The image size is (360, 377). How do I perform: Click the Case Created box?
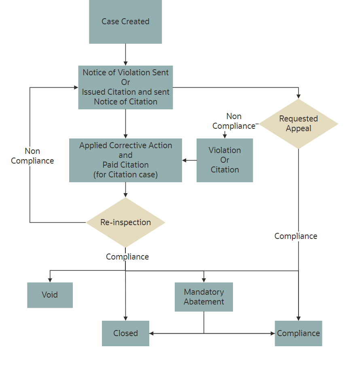click(x=125, y=21)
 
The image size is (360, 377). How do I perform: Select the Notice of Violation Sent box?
click(x=125, y=87)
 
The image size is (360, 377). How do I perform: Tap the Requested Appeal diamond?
click(x=299, y=124)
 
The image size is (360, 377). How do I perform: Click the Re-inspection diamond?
click(x=125, y=222)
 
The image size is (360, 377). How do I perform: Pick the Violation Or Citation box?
click(x=224, y=160)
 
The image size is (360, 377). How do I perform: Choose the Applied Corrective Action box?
click(x=125, y=160)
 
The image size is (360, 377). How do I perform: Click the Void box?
click(x=50, y=295)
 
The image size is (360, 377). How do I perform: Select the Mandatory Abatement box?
click(x=203, y=297)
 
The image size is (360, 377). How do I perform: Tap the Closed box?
click(x=125, y=333)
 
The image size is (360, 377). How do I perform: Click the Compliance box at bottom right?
click(x=299, y=333)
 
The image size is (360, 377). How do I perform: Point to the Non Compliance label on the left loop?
click(x=32, y=156)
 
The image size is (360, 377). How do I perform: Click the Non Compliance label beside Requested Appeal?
click(x=234, y=121)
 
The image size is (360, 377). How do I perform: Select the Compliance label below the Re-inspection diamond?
click(x=127, y=257)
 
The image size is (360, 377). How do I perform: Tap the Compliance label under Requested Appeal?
click(x=296, y=236)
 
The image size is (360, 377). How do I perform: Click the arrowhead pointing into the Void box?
click(x=50, y=280)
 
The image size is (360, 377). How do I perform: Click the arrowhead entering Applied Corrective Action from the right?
click(x=184, y=160)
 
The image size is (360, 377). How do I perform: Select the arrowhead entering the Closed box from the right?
click(x=152, y=333)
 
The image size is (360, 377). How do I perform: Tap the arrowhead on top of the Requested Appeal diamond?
click(x=299, y=96)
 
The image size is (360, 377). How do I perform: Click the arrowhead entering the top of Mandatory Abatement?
click(x=203, y=280)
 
